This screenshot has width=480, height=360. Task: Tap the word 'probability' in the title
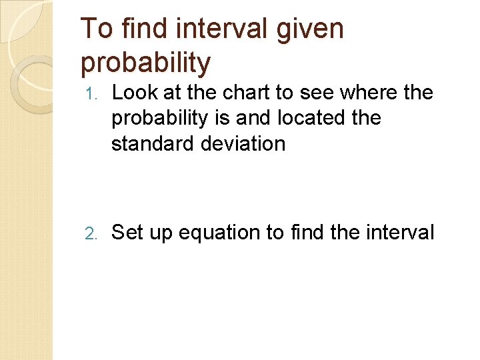(145, 63)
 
